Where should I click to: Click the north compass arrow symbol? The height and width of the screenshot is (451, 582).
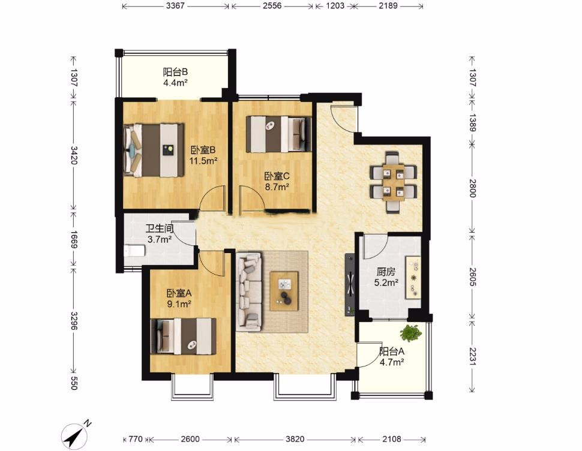pyautogui.click(x=76, y=435)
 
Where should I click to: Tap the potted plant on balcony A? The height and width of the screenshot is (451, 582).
pyautogui.click(x=410, y=333)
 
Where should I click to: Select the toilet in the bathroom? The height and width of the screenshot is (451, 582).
pyautogui.click(x=134, y=251)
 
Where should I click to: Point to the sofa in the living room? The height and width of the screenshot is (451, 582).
pyautogui.click(x=250, y=291)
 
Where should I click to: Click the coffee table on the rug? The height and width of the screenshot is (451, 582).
pyautogui.click(x=284, y=291)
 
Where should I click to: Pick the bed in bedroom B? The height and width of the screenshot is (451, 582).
pyautogui.click(x=154, y=150)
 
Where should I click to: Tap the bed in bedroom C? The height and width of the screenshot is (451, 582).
pyautogui.click(x=279, y=134)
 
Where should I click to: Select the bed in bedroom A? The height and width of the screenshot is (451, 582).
pyautogui.click(x=184, y=336)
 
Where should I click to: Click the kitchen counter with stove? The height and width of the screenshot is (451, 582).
pyautogui.click(x=413, y=276)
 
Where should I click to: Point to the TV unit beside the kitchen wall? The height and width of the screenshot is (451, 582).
pyautogui.click(x=350, y=284)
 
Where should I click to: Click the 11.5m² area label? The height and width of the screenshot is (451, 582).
pyautogui.click(x=203, y=161)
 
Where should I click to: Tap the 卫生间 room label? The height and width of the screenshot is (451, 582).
pyautogui.click(x=159, y=228)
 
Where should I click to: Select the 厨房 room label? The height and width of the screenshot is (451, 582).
pyautogui.click(x=386, y=272)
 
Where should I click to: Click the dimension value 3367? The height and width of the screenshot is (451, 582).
pyautogui.click(x=175, y=6)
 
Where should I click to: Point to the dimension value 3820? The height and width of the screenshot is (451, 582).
pyautogui.click(x=295, y=440)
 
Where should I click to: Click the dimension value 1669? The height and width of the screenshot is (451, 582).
pyautogui.click(x=73, y=240)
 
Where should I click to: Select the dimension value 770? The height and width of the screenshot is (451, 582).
pyautogui.click(x=136, y=440)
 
